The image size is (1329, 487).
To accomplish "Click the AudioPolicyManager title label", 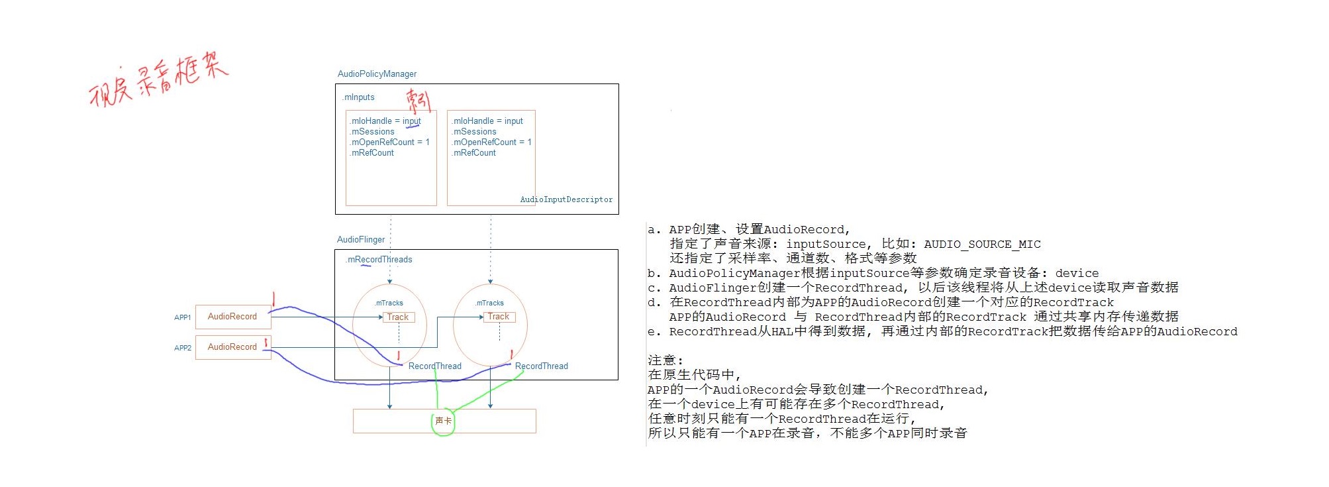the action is tap(377, 74).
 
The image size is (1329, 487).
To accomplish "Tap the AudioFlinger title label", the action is tap(361, 240).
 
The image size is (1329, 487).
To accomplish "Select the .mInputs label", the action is tap(359, 97).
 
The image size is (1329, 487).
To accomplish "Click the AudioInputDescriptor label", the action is tap(566, 199).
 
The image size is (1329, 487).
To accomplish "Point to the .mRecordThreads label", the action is tap(379, 260).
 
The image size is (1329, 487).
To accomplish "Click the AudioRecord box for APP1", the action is tap(232, 317).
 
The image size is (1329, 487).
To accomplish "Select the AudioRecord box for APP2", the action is tap(232, 347).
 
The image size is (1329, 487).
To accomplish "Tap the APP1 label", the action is tap(183, 317).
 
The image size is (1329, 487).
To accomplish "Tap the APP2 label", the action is tap(183, 348).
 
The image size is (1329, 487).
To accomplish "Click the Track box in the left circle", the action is tap(398, 317).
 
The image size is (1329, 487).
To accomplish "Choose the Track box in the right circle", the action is tap(499, 317).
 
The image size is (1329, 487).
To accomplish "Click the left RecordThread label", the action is tap(434, 366).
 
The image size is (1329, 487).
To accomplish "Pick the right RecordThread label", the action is tap(541, 366).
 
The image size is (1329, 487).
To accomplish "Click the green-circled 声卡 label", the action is tap(443, 421).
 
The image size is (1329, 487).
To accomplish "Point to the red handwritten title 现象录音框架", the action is tap(159, 78).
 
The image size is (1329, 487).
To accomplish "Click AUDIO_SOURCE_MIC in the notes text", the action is tap(982, 244).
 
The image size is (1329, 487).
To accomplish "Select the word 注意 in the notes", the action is tap(662, 360).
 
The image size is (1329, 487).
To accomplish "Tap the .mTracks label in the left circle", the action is tap(389, 303).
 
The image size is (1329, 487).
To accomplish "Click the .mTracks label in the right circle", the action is tap(490, 303).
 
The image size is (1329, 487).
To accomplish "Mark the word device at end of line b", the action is tap(1077, 273).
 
